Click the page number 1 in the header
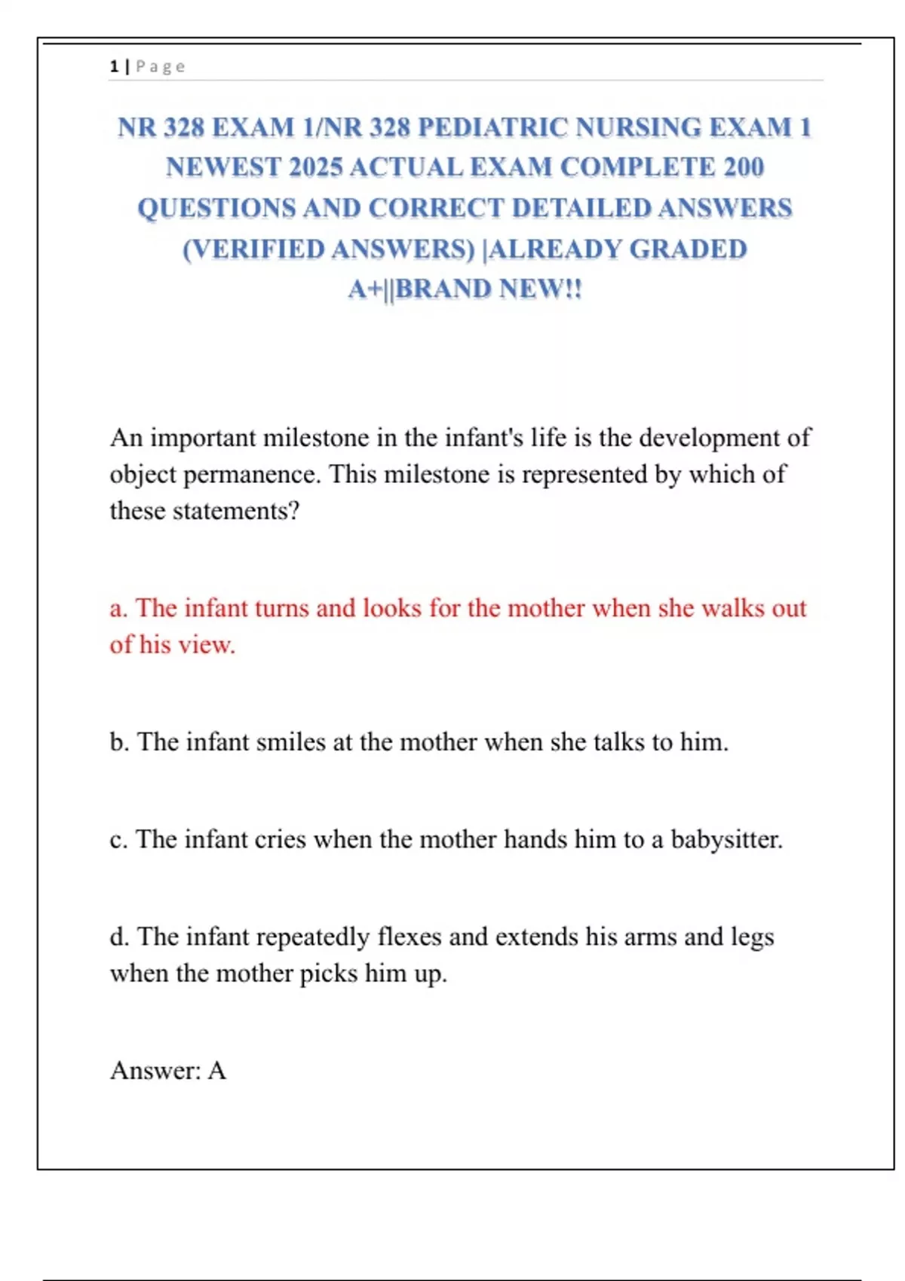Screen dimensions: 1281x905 [114, 66]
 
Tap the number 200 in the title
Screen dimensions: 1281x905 [744, 167]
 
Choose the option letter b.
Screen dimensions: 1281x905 [118, 742]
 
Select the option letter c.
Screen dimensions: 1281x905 [117, 839]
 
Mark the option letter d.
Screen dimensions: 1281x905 [118, 937]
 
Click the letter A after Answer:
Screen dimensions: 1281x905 [217, 1071]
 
